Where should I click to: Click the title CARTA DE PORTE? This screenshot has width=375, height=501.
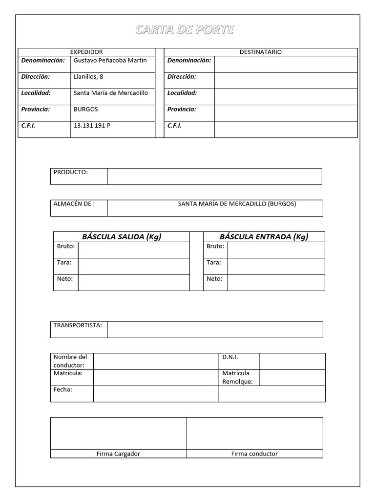[185, 30]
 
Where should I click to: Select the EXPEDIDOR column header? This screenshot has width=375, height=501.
[86, 52]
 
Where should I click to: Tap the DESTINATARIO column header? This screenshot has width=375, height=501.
[260, 52]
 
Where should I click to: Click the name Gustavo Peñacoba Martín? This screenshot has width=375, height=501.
[110, 60]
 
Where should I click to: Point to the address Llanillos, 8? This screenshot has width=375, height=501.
[88, 76]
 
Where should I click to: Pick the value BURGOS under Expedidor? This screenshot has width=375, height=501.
[85, 109]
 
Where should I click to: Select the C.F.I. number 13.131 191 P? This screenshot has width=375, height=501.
[92, 125]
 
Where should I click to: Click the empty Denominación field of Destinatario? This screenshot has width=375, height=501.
[286, 64]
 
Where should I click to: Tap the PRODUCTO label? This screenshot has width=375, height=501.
[70, 172]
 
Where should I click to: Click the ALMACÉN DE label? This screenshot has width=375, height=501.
[74, 204]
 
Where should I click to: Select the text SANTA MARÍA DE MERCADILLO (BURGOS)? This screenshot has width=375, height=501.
[237, 204]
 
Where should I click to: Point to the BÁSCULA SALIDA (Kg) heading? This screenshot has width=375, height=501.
[122, 237]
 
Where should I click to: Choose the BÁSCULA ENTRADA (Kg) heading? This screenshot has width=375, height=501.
[264, 237]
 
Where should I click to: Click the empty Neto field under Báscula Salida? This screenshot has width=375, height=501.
[133, 282]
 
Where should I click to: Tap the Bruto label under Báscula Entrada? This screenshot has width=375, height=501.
[215, 246]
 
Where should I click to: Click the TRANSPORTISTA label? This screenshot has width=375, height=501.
[78, 325]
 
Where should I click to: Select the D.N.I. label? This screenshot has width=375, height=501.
[230, 357]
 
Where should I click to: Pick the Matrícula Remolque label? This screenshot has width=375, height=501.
[237, 377]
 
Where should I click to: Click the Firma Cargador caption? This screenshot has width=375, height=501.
[118, 454]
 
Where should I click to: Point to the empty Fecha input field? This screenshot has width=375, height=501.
[156, 394]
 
